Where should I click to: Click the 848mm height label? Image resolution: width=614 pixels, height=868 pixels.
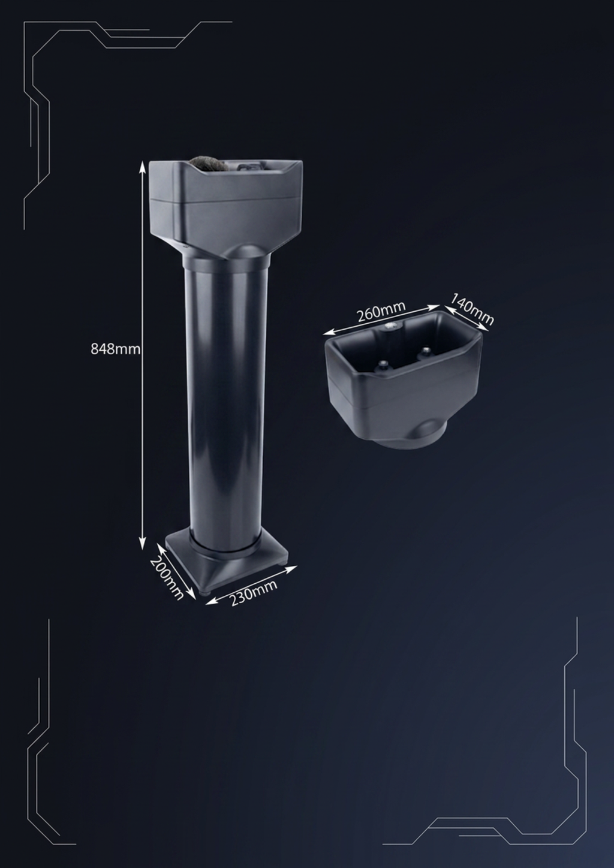[115, 349]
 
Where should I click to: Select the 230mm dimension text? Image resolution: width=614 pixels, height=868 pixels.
[254, 592]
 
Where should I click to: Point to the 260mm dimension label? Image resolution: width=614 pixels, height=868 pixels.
[381, 311]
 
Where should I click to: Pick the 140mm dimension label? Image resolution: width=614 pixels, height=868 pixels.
[472, 309]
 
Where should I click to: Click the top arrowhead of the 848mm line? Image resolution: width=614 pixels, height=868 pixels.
[142, 166]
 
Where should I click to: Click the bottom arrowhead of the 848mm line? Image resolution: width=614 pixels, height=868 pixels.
[142, 544]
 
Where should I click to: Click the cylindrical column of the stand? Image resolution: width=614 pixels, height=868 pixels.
[226, 403]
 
